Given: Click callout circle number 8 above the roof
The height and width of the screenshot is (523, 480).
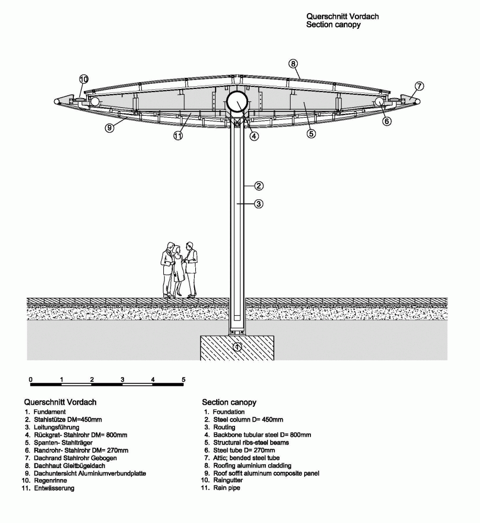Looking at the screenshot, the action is pos(293,64).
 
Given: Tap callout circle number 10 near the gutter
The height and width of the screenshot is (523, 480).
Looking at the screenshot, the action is pos(84,79).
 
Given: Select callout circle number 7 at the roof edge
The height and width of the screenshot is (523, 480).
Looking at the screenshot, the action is pos(419,86).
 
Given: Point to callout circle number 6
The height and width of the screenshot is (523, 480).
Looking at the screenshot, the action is pos(386,121).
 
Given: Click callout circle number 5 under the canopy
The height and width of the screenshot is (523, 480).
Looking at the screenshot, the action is pos(311,133).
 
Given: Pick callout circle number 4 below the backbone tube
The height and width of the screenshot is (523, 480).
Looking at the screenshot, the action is pos(254,136).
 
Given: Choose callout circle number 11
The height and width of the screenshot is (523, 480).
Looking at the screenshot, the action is pos(178,135).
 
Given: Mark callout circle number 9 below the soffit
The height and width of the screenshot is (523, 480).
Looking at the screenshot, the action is pos(109,128).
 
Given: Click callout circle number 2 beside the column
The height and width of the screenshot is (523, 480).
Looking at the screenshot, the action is pos(259,186).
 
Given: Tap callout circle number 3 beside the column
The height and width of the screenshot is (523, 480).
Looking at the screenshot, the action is pos(259,203).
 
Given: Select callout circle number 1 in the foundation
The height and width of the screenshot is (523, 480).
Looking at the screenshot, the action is pos(237,347).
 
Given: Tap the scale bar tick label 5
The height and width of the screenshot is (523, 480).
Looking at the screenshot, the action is pos(183,379).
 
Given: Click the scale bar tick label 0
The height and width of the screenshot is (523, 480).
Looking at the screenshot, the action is pos(31,379).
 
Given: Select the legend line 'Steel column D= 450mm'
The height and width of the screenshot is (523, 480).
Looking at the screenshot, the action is pos(244,419).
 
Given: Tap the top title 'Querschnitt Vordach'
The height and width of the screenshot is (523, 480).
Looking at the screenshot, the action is pos(342,16).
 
